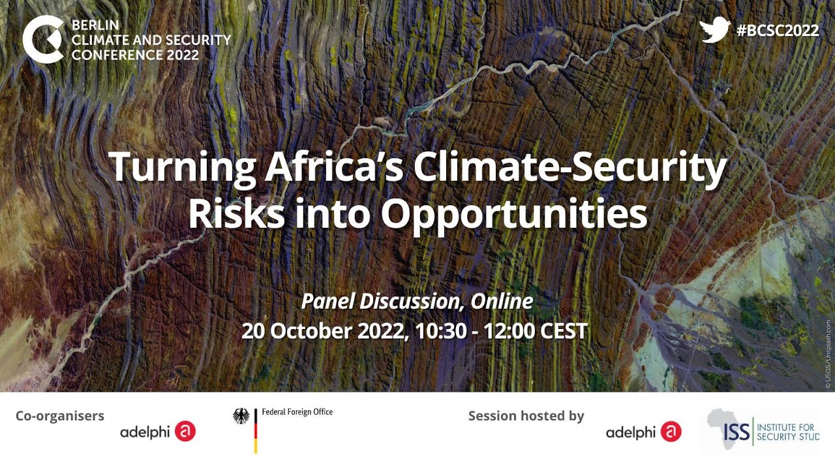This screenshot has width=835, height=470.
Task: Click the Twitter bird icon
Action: click(x=714, y=31)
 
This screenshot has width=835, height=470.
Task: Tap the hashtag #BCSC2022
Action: click(x=777, y=31)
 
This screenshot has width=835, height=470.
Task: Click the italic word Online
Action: click(x=502, y=301)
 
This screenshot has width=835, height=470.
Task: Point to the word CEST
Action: click(x=564, y=330)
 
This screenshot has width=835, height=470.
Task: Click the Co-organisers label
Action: click(x=60, y=416)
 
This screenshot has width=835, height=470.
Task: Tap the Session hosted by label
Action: click(x=526, y=416)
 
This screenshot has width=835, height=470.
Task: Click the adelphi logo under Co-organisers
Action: click(x=158, y=431)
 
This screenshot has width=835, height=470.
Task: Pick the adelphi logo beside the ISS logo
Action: click(x=643, y=431)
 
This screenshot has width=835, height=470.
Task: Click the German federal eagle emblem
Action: click(x=241, y=416)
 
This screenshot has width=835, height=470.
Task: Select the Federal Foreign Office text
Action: click(x=297, y=412)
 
